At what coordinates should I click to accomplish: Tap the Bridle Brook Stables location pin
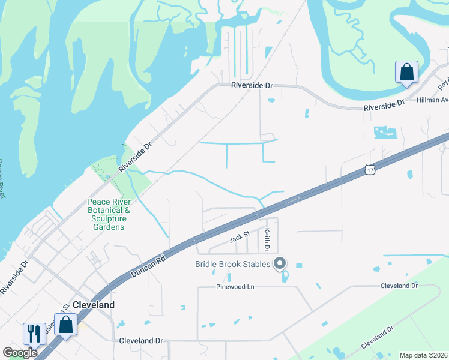[279, 263]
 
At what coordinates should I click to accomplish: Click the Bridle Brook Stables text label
[232, 264]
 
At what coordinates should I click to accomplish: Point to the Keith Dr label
[267, 239]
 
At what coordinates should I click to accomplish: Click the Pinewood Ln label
[235, 287]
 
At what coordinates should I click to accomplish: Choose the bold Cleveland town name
[93, 305]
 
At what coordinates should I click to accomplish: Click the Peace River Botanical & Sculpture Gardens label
[109, 214]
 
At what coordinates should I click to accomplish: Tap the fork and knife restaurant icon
[34, 333]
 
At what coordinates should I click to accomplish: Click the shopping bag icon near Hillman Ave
[406, 72]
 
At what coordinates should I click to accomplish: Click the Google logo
[20, 353]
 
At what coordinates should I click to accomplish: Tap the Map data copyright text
[424, 355]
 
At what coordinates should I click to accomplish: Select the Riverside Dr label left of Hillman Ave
[384, 106]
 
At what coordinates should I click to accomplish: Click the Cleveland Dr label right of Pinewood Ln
[399, 286]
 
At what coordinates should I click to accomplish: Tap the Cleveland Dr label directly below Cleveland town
[141, 341]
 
